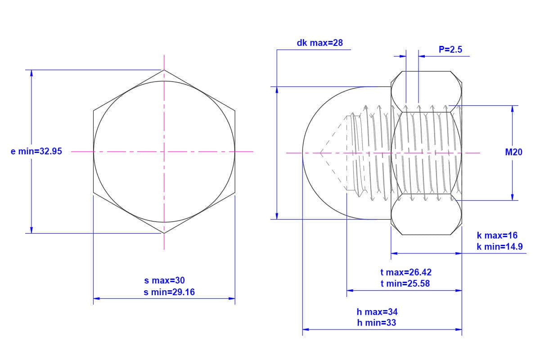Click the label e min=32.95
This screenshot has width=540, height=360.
click(36, 152)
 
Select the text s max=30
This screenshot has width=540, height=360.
click(164, 280)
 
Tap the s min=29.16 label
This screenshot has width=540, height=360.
click(169, 292)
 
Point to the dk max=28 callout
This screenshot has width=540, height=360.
click(319, 43)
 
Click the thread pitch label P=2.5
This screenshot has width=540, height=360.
click(450, 49)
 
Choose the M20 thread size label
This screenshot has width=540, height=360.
click(514, 152)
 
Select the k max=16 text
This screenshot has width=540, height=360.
click(497, 235)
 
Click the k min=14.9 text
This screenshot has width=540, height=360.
click(500, 247)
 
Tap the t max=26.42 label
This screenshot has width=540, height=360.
click(406, 272)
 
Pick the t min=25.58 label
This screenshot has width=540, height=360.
click(405, 283)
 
